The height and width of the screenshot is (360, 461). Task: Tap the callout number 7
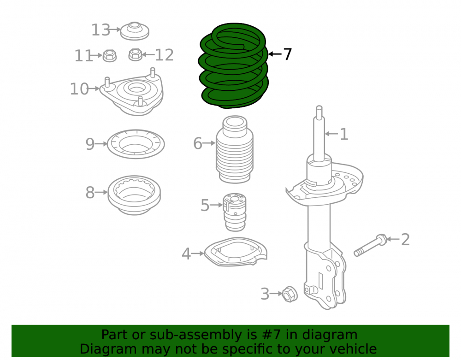[x=287, y=54]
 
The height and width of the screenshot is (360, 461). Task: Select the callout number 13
[x=100, y=30]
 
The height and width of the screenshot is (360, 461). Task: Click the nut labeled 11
[x=110, y=55]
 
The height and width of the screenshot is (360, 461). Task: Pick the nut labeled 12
[x=136, y=55]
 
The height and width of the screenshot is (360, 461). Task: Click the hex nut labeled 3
[x=290, y=294]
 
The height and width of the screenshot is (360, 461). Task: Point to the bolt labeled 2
[x=371, y=245]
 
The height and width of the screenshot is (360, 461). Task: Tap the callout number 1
[x=344, y=134]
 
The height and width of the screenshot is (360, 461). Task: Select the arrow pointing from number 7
[x=275, y=54]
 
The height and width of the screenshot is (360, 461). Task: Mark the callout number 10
[x=79, y=89]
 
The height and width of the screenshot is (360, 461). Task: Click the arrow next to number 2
[x=393, y=239]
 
